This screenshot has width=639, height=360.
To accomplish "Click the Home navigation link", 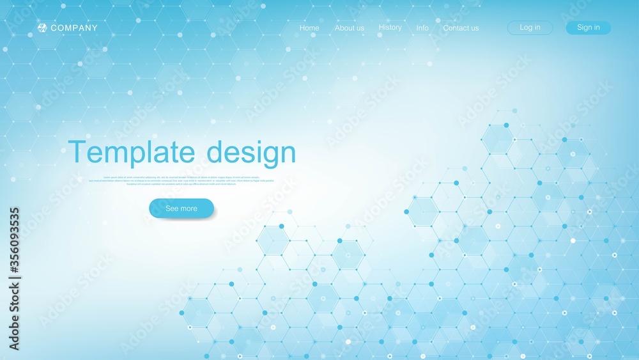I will [309, 28].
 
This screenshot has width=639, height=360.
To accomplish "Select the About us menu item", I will [350, 28].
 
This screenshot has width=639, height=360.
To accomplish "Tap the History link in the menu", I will [390, 27].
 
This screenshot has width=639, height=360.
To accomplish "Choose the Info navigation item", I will [422, 28].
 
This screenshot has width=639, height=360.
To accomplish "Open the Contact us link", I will [461, 28].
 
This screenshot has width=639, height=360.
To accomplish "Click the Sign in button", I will [588, 27].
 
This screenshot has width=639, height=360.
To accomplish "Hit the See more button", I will [181, 208].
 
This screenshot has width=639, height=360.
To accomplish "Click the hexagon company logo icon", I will [42, 27].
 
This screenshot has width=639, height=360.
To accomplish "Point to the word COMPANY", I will [74, 28].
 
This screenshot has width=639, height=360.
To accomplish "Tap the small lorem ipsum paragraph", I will [181, 180].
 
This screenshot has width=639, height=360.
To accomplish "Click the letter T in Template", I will [78, 153].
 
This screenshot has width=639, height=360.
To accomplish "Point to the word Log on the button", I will [525, 27].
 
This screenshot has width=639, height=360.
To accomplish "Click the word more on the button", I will [189, 208].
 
